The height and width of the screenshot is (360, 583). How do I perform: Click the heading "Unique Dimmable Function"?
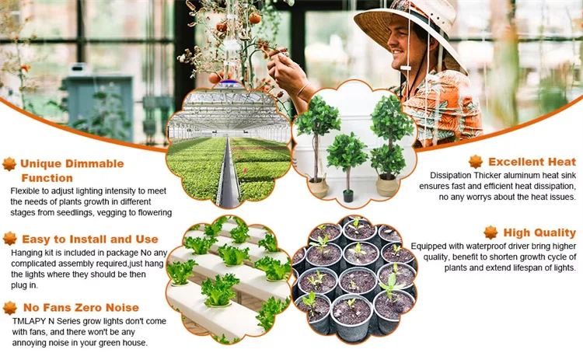coord(72,171)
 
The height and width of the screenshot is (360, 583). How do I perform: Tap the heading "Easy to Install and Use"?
coord(90,239)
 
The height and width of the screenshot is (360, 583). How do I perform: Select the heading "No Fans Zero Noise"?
coord(81,308)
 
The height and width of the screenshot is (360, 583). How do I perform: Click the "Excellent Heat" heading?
coord(532,162)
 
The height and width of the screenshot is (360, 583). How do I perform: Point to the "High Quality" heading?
coord(539,232)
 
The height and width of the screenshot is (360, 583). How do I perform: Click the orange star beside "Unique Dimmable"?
coord(9,164)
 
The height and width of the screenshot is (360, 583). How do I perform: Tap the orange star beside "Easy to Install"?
coord(10,239)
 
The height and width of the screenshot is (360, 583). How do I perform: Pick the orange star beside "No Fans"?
coord(10,308)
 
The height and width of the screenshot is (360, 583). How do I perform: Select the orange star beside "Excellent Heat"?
coord(476,162)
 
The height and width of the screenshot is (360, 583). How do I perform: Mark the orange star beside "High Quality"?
coord(490,232)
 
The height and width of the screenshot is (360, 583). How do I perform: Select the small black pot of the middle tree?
coord(348,196)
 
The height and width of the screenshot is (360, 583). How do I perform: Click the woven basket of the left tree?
coord(319,188)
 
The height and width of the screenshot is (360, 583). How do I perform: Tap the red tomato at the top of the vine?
coord(255,18)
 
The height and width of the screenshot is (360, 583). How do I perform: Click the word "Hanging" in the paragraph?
coord(26,253)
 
